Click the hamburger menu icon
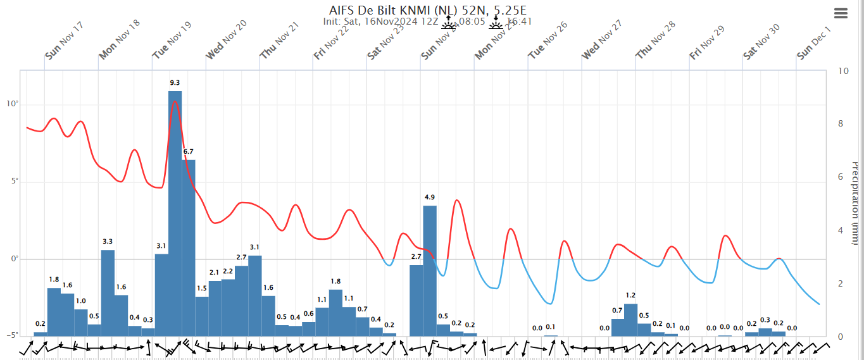(841, 13)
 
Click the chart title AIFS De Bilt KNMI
(427, 11)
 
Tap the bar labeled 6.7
(189, 247)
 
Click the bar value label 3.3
(108, 242)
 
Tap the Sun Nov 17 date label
(65, 40)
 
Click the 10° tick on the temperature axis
(12, 104)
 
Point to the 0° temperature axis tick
(13, 259)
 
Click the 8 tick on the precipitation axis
(841, 124)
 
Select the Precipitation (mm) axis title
(855, 202)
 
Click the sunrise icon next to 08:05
(448, 23)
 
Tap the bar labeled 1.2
(630, 320)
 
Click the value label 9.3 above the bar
(175, 83)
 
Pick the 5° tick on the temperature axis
(13, 182)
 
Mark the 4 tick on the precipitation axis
(841, 230)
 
